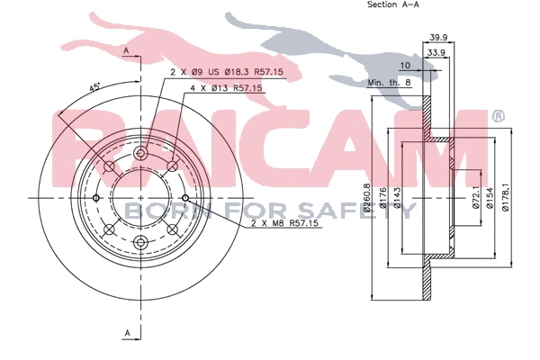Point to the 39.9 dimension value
coord(438,37)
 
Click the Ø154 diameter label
coord(491,198)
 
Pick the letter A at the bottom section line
coord(127,334)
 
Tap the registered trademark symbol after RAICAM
coord(498,115)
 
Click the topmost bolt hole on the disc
coord(139,155)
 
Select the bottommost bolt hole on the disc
coord(139,242)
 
